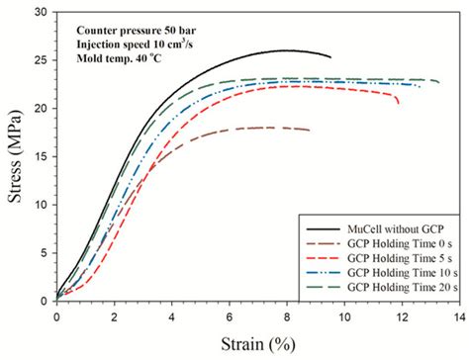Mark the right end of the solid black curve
(x=330, y=57)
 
